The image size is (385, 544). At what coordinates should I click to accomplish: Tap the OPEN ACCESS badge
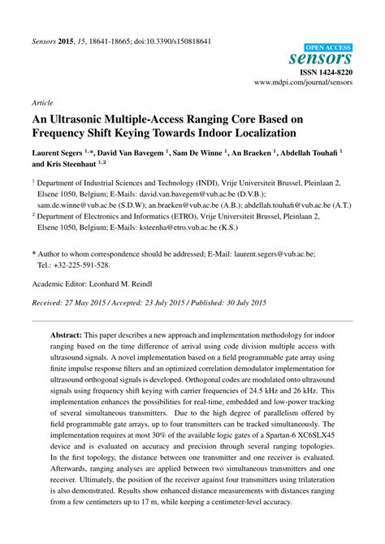(330, 45)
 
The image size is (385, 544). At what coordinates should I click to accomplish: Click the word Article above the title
(42, 104)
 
